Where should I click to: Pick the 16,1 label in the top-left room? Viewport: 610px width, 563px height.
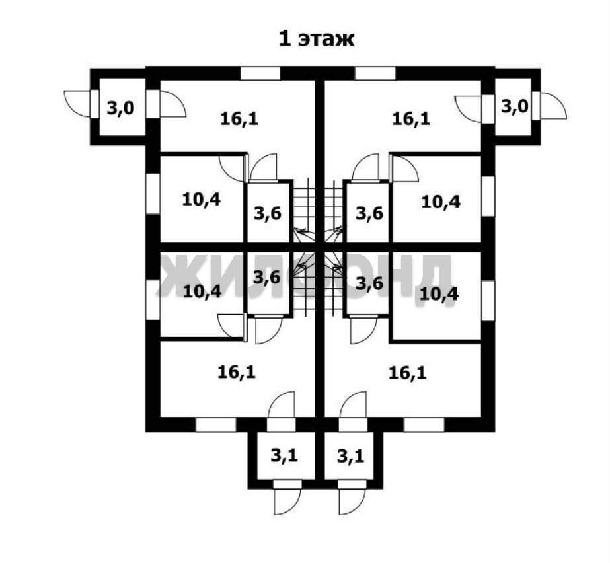239,119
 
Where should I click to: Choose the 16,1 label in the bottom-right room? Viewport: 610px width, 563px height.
407,373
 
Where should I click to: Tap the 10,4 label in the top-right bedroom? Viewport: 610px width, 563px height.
441,202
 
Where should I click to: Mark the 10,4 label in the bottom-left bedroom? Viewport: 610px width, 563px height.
202,291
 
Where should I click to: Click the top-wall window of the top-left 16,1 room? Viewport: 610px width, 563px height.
258,73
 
